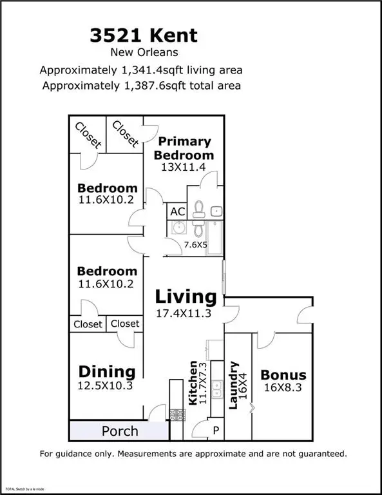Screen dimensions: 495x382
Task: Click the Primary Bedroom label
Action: [x=185, y=148]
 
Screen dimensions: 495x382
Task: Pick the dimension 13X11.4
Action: [x=185, y=166]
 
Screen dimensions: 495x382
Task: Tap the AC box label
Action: [x=176, y=211]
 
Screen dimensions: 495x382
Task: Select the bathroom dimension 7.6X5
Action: [x=195, y=245]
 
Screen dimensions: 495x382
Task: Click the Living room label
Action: [x=185, y=296]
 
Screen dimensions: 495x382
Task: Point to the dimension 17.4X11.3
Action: [x=185, y=313]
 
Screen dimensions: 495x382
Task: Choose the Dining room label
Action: [x=107, y=372]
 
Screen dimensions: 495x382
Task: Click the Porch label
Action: [x=120, y=431]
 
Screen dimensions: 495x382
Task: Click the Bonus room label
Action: [x=283, y=375]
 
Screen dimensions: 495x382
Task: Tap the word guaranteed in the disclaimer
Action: [x=318, y=453]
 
